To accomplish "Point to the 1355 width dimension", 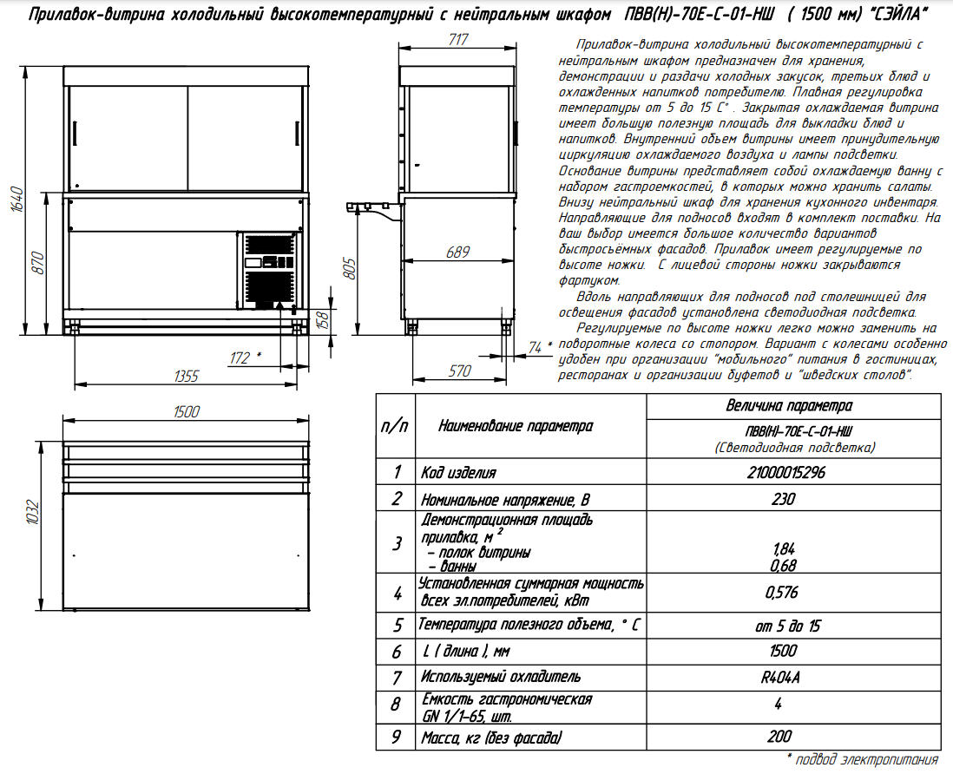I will pos(187,376).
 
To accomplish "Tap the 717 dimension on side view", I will pos(459,40).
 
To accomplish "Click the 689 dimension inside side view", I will pos(458,252).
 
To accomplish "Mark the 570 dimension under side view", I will pos(459,371).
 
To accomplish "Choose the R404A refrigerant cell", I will pos(782,676).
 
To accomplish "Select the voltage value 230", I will pos(782,499).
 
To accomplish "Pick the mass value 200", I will pos(779,736).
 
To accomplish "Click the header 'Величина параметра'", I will pos(788,405).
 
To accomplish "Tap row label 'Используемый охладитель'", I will pos(501,676).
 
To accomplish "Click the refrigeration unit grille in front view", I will pos(269,271).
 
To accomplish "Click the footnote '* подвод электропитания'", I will pos(863,759).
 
